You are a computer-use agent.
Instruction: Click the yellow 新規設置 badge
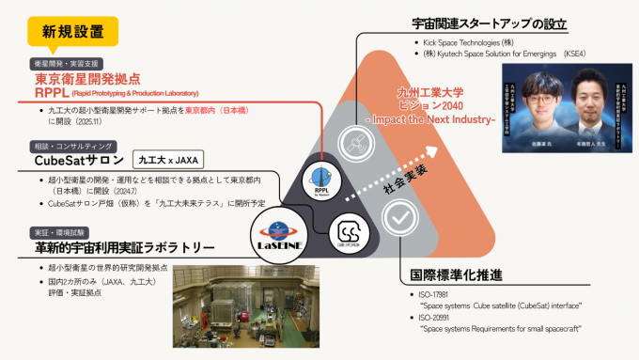pos(74,32)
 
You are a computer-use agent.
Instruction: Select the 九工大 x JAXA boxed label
pos(168,161)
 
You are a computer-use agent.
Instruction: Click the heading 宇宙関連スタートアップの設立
pos(481,23)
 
